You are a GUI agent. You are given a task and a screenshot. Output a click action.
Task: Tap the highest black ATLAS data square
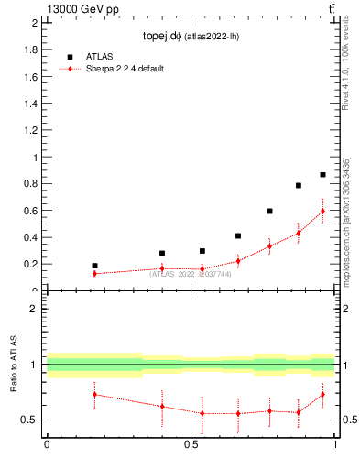[322, 174]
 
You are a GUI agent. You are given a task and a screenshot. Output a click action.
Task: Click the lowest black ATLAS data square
[94, 266]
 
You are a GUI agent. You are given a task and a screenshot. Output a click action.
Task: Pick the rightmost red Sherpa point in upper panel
[322, 211]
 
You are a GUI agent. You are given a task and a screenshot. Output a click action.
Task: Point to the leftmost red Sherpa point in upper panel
[94, 273]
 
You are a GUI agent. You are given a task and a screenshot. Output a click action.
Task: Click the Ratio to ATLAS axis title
[14, 365]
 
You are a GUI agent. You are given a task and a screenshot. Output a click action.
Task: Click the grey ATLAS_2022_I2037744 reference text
[191, 274]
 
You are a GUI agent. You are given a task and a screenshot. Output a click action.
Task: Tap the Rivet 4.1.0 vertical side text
[345, 69]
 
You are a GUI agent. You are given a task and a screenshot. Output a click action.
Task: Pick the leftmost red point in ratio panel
[94, 394]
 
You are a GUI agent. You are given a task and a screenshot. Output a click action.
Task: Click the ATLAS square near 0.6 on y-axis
[269, 211]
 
